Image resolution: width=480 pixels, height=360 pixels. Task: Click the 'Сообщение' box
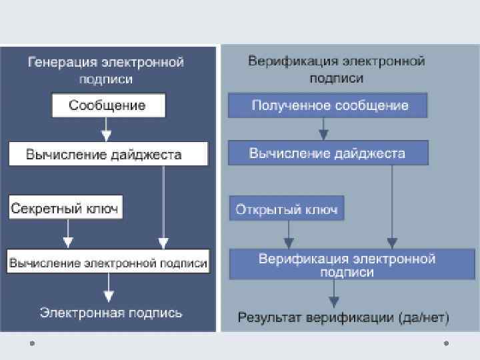(x=107, y=105)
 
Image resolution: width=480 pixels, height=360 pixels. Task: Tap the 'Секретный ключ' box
(x=65, y=209)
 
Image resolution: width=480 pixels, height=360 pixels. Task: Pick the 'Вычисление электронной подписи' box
(x=108, y=263)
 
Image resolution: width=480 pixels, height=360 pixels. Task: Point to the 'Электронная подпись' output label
(x=111, y=313)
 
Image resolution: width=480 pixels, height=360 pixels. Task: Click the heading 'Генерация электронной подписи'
(x=106, y=70)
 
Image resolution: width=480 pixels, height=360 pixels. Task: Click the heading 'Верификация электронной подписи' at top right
(x=337, y=69)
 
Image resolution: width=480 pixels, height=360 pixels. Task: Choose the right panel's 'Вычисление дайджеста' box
(x=327, y=153)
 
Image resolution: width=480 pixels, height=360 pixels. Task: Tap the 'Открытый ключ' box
(x=287, y=209)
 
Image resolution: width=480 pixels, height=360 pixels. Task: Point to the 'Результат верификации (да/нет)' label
(x=344, y=317)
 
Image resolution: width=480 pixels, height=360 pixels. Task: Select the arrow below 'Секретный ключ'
(x=67, y=233)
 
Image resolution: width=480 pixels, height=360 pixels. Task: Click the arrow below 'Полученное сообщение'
(x=323, y=129)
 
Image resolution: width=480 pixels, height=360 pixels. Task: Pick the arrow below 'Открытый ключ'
(x=288, y=235)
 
